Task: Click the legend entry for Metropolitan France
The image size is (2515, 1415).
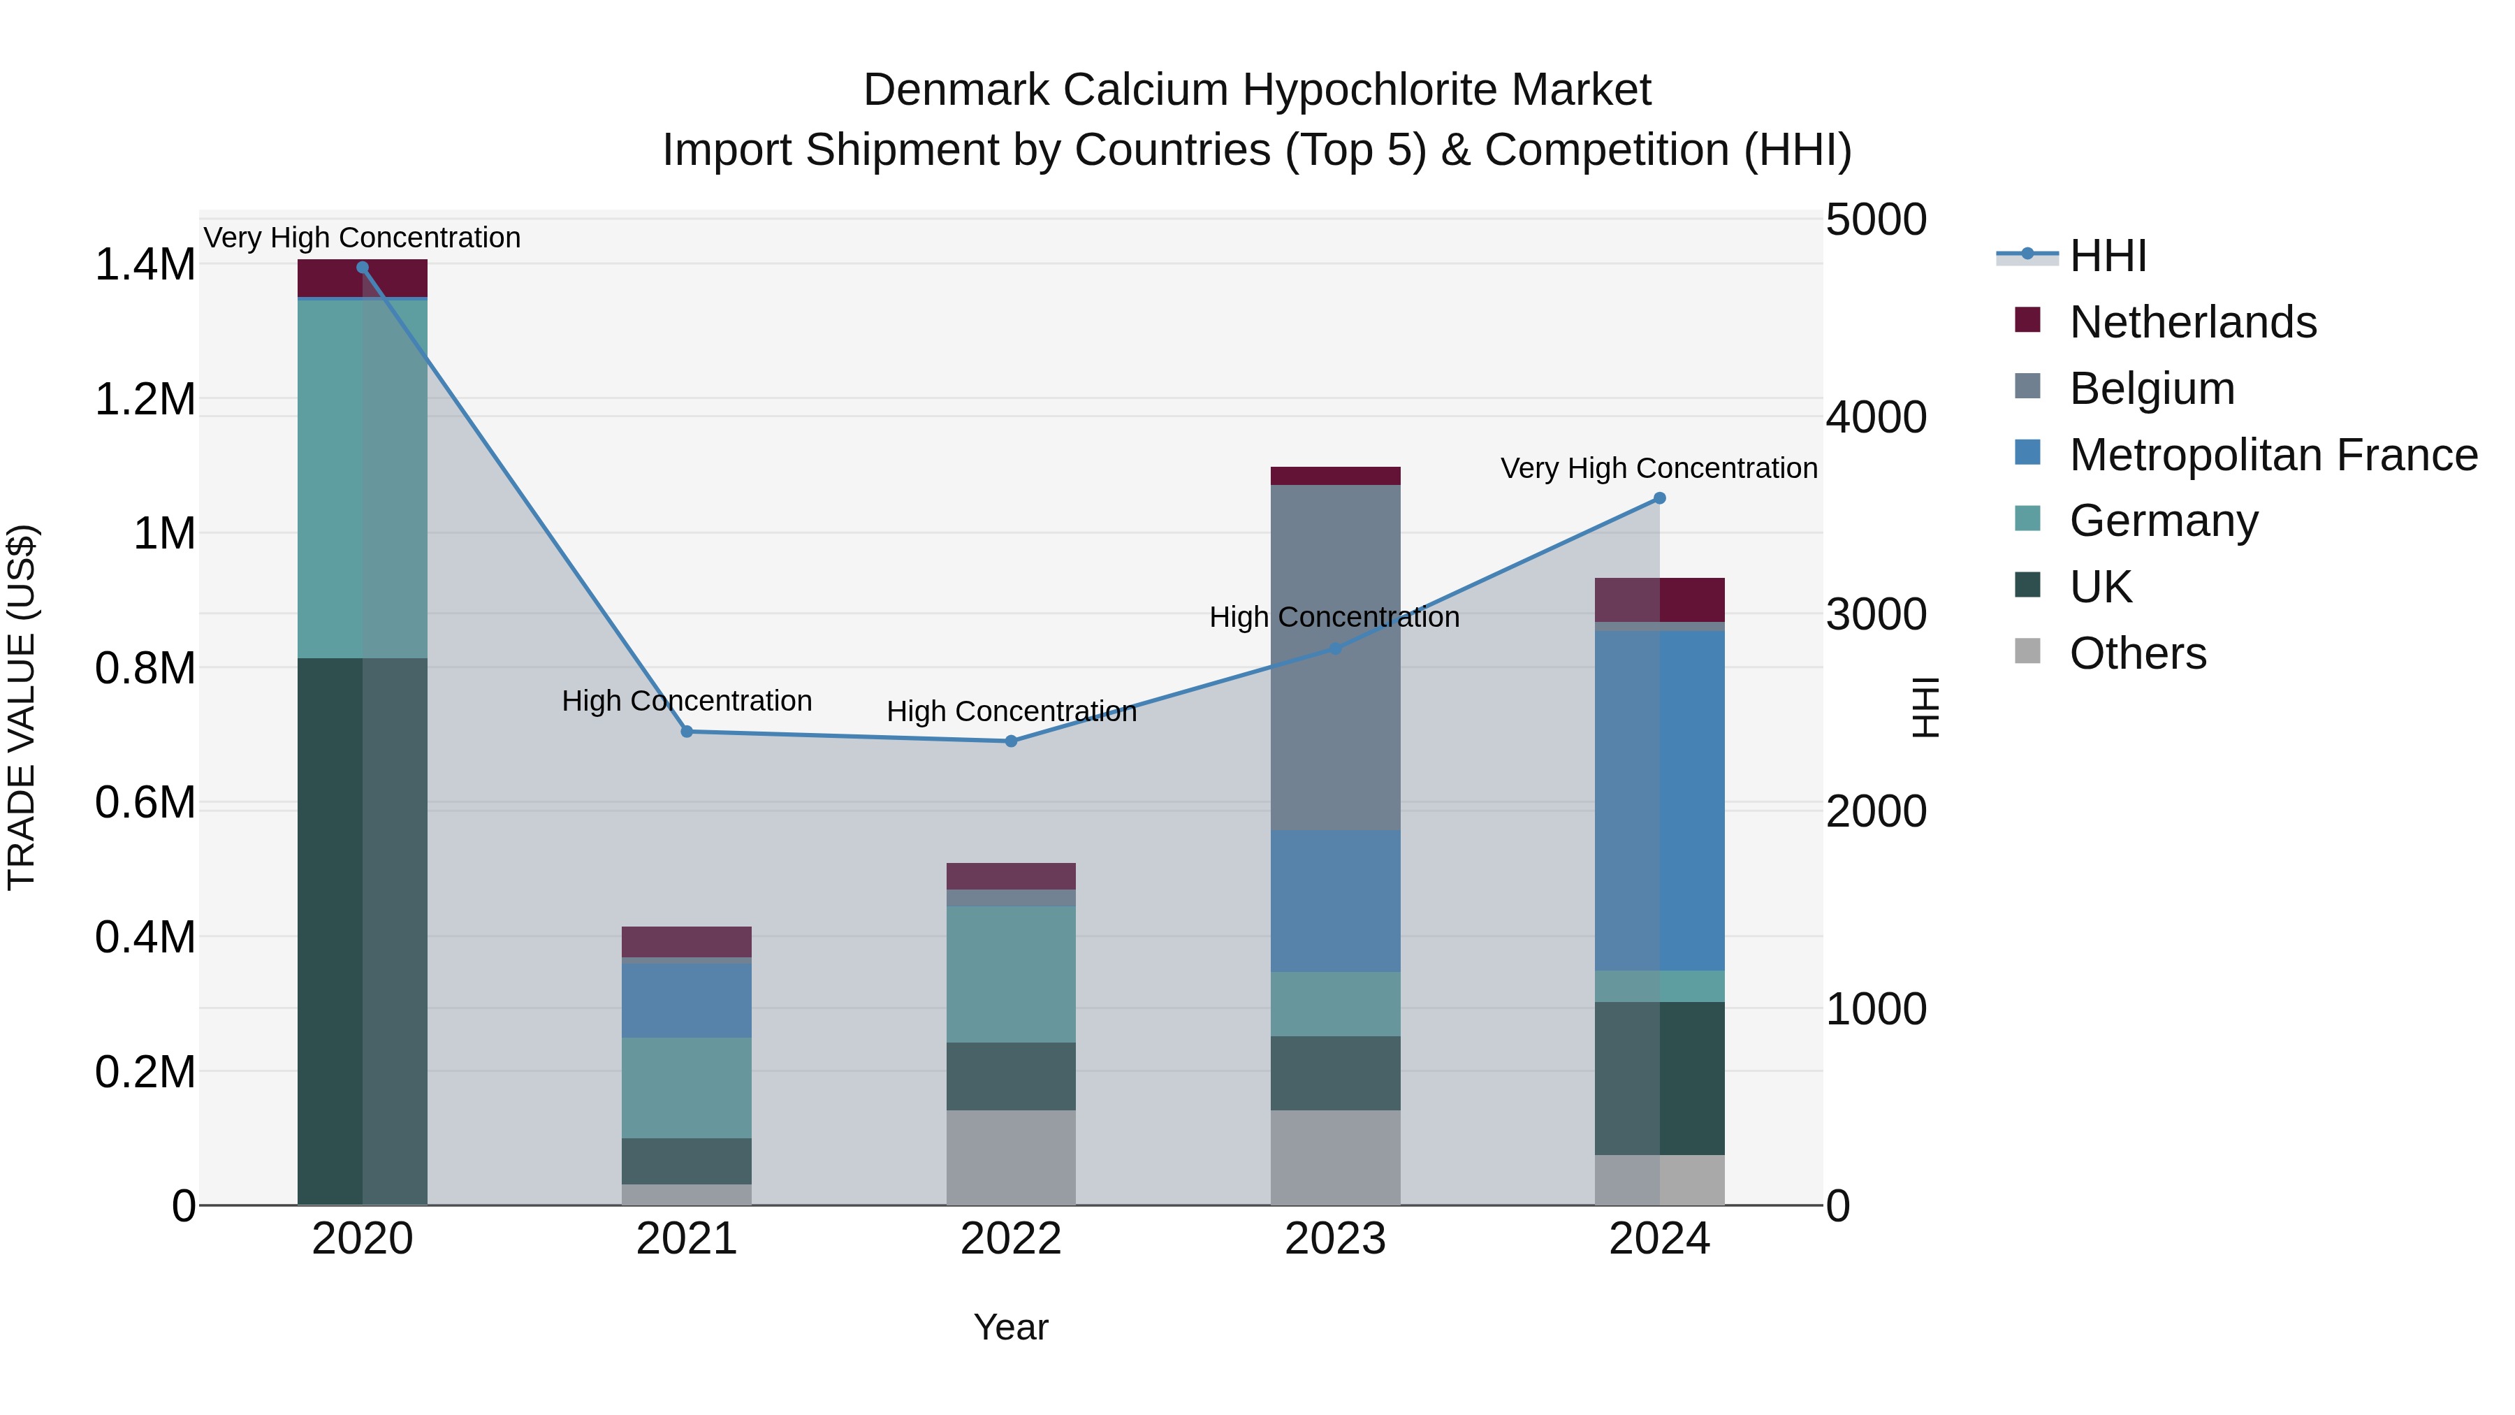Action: pos(2272,455)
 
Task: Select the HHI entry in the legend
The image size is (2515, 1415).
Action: pos(2107,256)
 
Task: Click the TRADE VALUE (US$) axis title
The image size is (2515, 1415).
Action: pos(22,707)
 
